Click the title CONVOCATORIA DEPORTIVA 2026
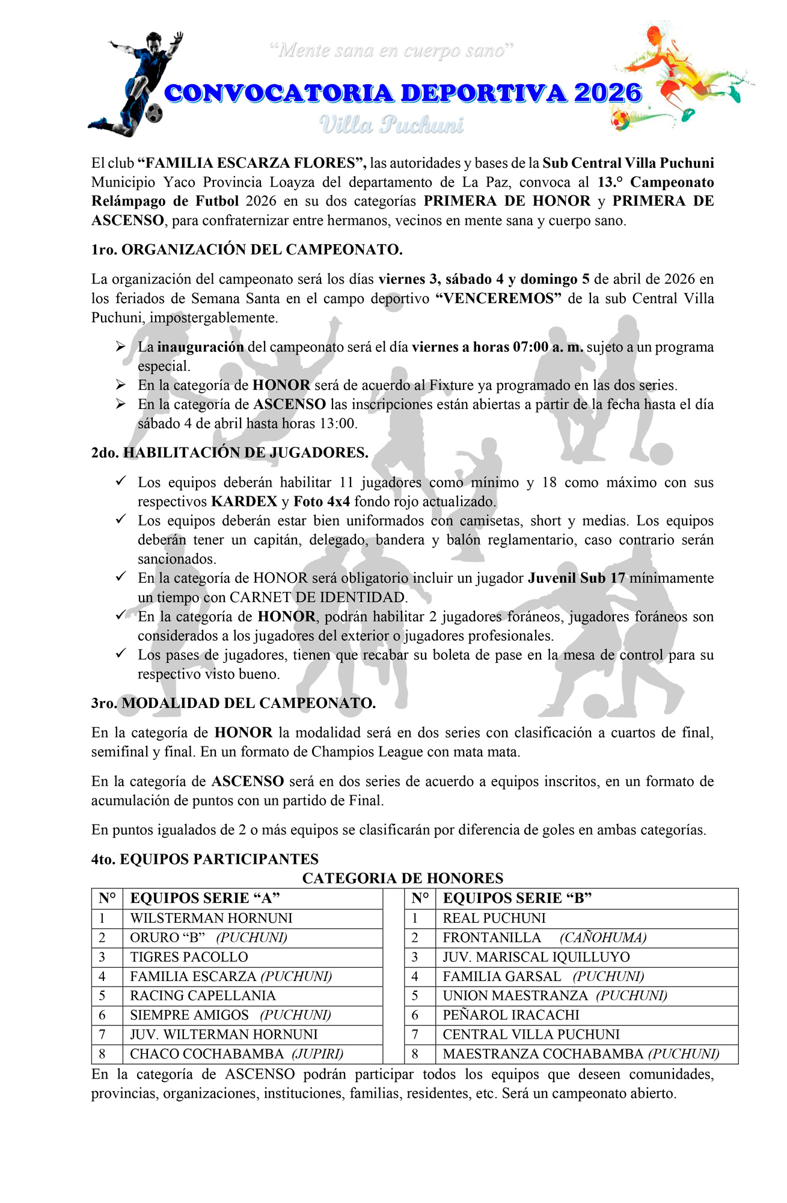tap(403, 93)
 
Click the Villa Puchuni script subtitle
tap(391, 125)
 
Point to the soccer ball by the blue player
tap(155, 112)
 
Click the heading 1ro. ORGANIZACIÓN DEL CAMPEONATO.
tap(247, 250)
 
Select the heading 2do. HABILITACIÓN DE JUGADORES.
tap(230, 452)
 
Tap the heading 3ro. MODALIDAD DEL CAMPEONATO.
tap(233, 703)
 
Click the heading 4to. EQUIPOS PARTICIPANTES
tap(204, 859)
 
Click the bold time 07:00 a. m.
tap(548, 347)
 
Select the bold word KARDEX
tap(243, 502)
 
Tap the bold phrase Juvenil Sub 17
tap(577, 578)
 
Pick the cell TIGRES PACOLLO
tap(189, 957)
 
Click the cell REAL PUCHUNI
tap(494, 918)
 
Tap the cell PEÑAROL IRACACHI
tap(511, 1015)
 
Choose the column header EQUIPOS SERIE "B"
tap(517, 898)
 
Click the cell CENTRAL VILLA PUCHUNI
tap(531, 1034)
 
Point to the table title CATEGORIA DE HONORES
tap(402, 878)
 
